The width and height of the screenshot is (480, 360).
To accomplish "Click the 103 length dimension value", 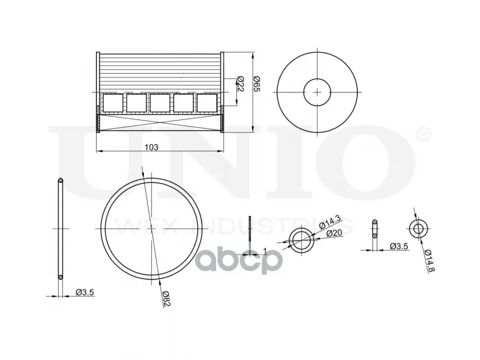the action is (152, 147).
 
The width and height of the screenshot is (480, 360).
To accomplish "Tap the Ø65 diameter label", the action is (257, 83).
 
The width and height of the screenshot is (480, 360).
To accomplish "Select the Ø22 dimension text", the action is (240, 83).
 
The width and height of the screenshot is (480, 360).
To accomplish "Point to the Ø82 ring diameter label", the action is (166, 298).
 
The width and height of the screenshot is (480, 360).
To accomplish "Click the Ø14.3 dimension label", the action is (329, 222).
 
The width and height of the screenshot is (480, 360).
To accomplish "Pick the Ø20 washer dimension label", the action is (334, 233).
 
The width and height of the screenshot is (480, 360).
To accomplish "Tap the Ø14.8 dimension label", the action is (430, 260).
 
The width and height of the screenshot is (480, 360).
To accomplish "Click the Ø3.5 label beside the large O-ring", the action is (85, 292).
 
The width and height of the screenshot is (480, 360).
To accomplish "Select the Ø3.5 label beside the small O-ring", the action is (399, 246).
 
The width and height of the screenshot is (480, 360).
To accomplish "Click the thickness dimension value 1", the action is (265, 251).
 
